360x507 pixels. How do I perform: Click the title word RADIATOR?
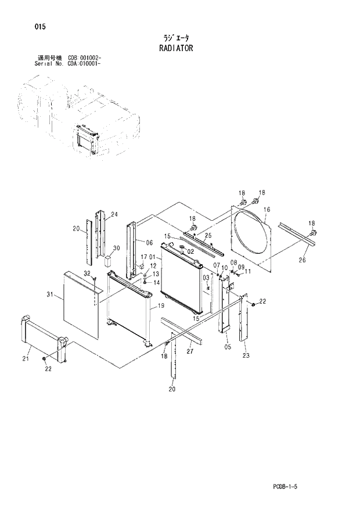(x=175, y=48)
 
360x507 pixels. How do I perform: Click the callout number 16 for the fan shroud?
(x=267, y=210)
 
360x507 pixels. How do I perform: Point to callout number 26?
(x=301, y=260)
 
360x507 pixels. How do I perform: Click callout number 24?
(x=114, y=215)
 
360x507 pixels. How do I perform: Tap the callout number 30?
(x=116, y=248)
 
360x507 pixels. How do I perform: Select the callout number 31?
(x=50, y=296)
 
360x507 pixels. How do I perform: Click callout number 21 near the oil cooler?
(x=26, y=359)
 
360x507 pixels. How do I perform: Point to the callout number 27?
(x=189, y=351)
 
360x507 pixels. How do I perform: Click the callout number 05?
(x=227, y=347)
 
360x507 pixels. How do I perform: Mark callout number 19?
(x=161, y=305)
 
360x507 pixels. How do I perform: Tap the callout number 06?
(x=149, y=243)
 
